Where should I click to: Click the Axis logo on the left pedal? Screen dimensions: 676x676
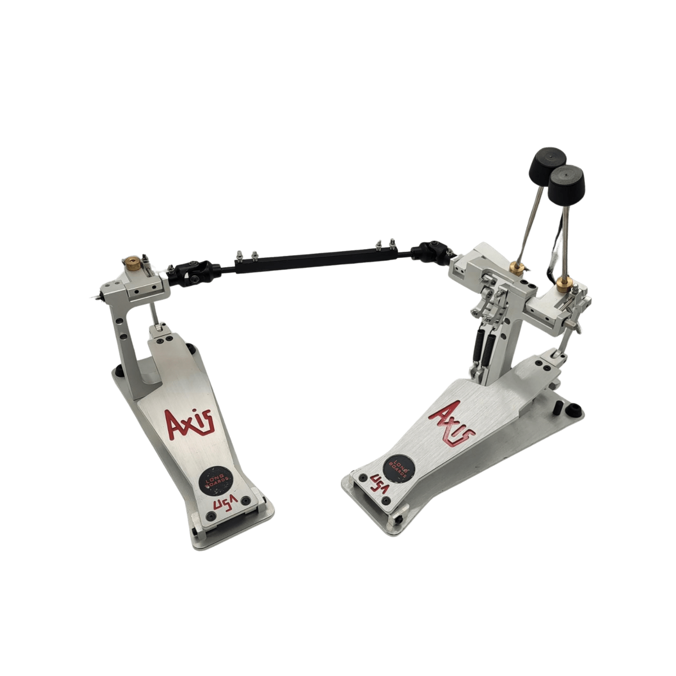189,424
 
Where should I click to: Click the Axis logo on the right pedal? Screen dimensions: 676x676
451,424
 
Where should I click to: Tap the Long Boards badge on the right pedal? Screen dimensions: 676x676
399,469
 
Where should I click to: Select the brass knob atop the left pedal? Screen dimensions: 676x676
133,263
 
